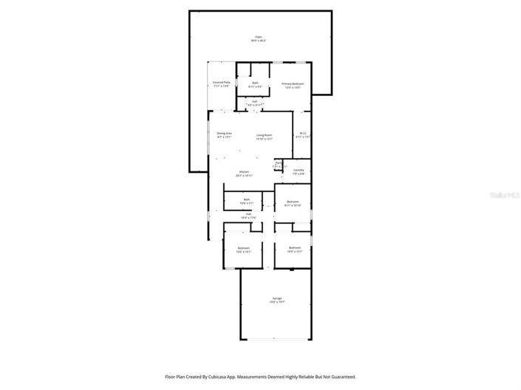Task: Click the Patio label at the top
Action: [259, 37]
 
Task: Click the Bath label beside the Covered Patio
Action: [255, 84]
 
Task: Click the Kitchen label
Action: [243, 174]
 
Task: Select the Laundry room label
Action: [299, 171]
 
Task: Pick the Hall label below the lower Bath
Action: [248, 216]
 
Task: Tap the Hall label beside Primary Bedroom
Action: [255, 103]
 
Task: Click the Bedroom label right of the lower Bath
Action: [293, 203]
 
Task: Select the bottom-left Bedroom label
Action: [243, 250]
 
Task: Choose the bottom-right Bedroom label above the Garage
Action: [294, 249]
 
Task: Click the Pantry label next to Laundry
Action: [279, 165]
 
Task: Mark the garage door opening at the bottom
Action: [276, 340]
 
